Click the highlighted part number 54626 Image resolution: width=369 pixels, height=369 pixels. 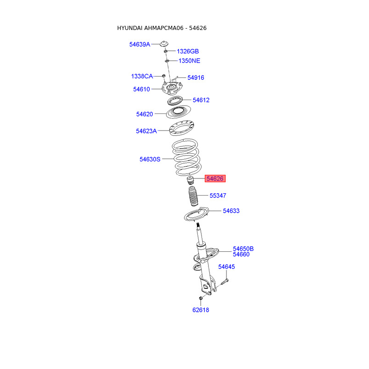tap(215, 179)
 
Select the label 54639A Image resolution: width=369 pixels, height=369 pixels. tap(140, 44)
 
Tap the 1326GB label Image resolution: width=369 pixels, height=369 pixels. tap(188, 51)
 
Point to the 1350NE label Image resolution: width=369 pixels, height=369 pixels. tap(189, 61)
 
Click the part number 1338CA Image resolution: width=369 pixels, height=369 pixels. tap(142, 76)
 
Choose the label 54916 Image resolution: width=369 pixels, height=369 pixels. tap(196, 77)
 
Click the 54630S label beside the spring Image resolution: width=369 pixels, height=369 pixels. tap(150, 159)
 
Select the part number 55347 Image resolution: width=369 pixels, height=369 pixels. tap(218, 196)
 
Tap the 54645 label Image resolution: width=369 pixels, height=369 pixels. tap(226, 267)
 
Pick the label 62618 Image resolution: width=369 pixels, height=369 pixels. tap(201, 310)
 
